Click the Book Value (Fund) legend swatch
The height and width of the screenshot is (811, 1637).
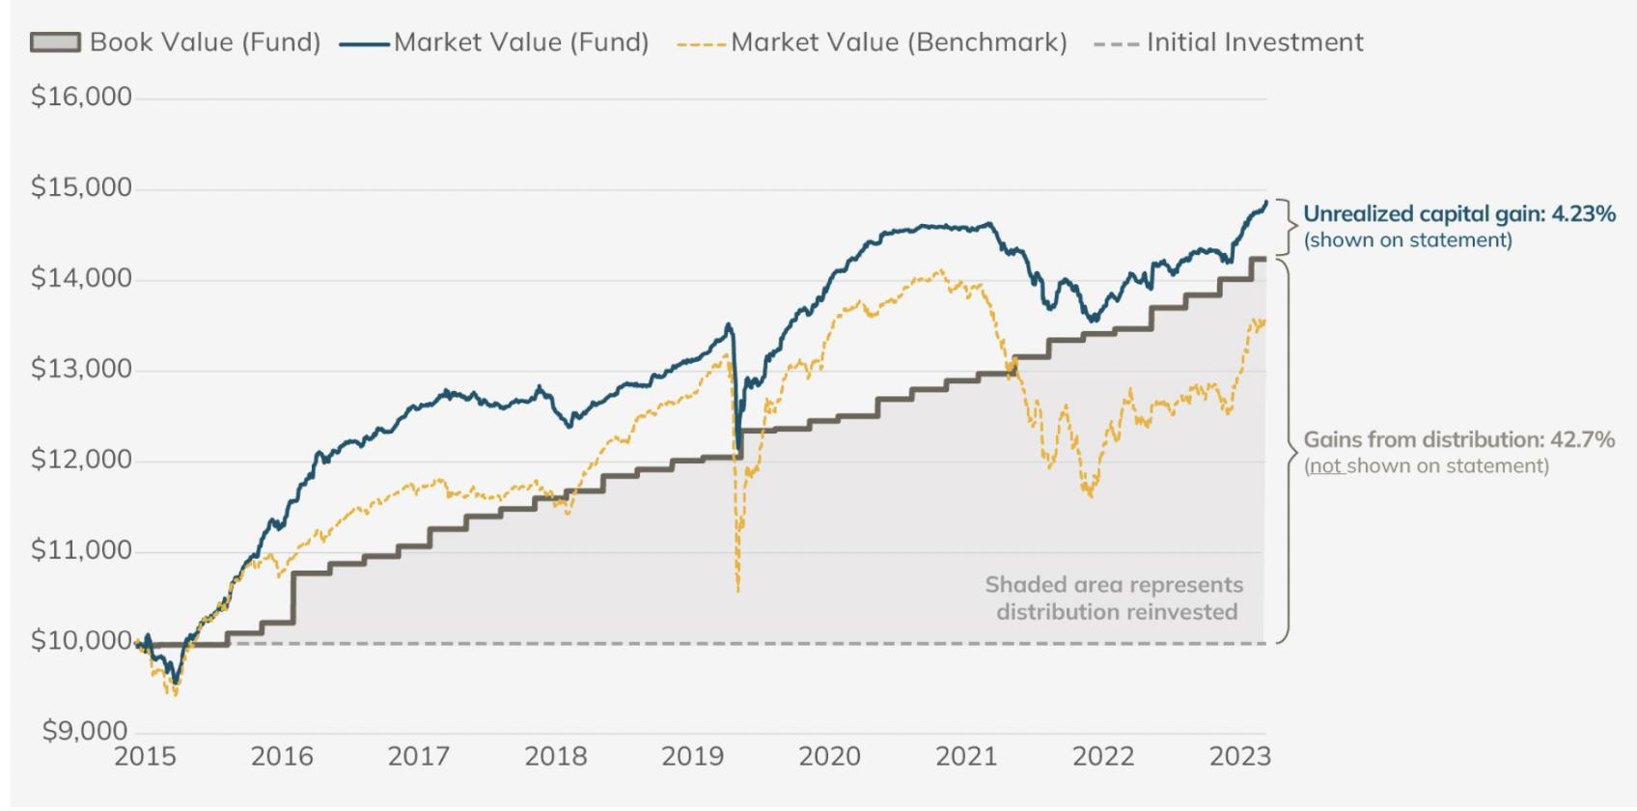coord(55,42)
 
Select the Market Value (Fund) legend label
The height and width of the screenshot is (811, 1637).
coord(521,42)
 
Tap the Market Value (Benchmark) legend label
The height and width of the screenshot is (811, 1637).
coord(899,42)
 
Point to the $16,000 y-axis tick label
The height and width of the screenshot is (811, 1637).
coord(81,97)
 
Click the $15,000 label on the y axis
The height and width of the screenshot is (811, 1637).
coord(81,187)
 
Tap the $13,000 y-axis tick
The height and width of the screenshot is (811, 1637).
coord(81,369)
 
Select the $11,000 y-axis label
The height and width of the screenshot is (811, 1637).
coord(81,550)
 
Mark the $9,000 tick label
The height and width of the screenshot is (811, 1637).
coord(85,731)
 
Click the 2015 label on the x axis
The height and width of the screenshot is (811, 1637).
coord(145,756)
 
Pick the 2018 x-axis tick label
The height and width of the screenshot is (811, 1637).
coord(556,756)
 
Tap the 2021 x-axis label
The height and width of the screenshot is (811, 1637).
coord(967,756)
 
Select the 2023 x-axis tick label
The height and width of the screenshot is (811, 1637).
coord(1240,756)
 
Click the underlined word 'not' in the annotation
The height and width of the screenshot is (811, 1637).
coord(1324,466)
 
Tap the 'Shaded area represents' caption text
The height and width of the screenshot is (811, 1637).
coord(1114,585)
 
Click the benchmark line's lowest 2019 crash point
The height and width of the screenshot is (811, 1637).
coord(738,590)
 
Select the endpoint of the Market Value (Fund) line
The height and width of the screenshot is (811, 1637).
coord(1265,202)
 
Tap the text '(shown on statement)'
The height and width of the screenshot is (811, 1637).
coord(1407,239)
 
